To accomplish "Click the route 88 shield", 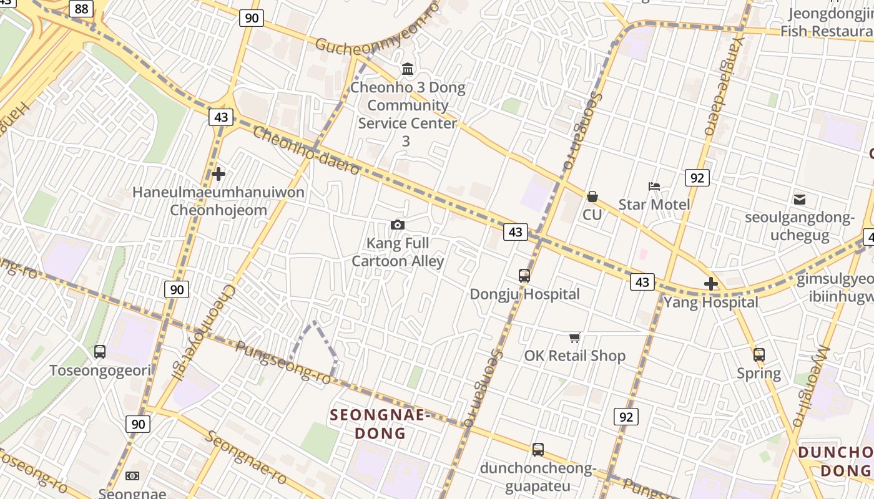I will tap(81, 8).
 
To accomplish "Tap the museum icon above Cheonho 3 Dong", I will tap(408, 69).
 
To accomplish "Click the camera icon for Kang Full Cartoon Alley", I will tap(397, 225).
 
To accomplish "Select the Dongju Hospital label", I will tap(524, 294).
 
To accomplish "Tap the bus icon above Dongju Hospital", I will tap(524, 275).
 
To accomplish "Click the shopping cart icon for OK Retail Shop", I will tap(574, 337).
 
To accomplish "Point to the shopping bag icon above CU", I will tap(592, 196).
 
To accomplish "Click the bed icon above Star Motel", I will tap(654, 186).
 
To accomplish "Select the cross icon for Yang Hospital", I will tap(710, 284).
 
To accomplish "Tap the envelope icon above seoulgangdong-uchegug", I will tap(799, 200).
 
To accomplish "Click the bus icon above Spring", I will tap(759, 355).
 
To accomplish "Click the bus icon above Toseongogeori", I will tap(100, 351).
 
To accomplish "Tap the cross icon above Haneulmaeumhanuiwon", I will tap(219, 174).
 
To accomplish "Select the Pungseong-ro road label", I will tap(283, 361).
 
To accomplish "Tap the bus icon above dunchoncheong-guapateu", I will tap(538, 449).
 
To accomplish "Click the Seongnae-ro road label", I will tap(246, 457).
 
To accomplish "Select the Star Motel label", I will tap(654, 205).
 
